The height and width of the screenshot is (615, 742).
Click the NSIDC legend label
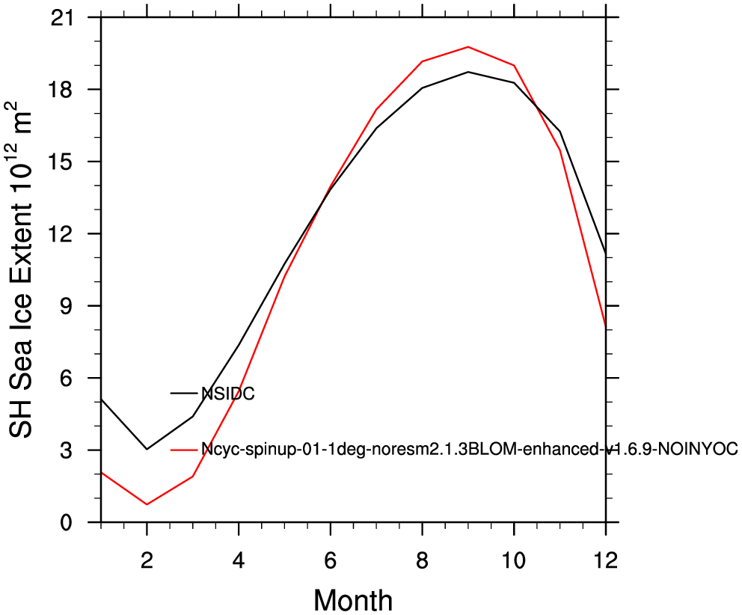228,394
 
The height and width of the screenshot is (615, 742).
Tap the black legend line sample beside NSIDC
184,393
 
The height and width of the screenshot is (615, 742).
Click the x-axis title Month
353,600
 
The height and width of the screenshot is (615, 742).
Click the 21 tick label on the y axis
64,18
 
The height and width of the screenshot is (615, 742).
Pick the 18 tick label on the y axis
64,90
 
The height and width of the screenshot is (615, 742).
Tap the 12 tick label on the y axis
64,234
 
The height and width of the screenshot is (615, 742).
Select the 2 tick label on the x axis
147,561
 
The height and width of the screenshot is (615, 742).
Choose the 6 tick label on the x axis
331,561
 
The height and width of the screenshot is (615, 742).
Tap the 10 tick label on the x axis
513,561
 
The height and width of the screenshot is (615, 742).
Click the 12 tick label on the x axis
605,561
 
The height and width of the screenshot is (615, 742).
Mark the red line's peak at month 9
468,47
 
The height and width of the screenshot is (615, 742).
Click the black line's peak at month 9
468,72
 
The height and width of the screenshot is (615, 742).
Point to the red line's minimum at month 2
147,504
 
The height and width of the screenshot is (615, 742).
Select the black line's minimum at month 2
147,449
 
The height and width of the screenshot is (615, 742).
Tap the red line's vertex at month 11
559,150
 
